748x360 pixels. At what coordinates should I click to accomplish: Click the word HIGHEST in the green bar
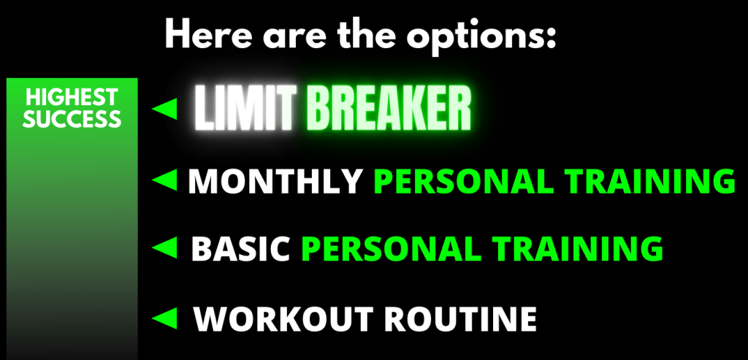coord(72,97)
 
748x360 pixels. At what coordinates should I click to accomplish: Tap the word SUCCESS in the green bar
coord(72,119)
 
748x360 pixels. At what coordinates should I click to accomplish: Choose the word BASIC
coord(240,248)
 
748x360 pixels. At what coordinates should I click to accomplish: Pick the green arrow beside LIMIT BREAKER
coord(164,108)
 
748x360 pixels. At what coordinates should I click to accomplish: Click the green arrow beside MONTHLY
coord(164,180)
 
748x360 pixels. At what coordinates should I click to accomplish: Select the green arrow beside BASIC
coord(164,248)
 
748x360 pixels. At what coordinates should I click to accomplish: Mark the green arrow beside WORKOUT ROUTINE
coord(164,318)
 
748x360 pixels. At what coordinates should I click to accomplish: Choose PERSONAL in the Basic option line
coord(392,248)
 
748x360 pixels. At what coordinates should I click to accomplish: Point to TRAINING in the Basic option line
coord(578,248)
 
